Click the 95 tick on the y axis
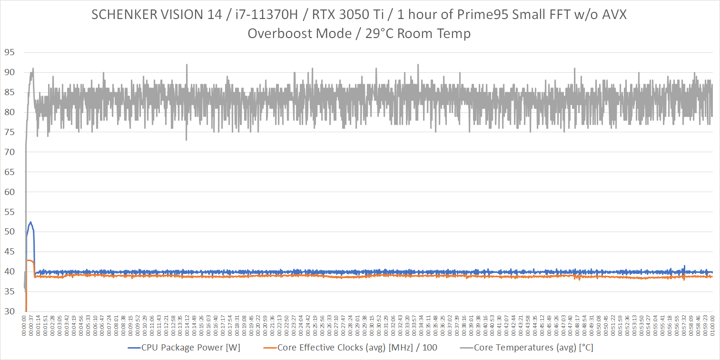pyautogui.click(x=10, y=52)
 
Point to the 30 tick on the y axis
pyautogui.click(x=10, y=311)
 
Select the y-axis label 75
pyautogui.click(x=10, y=132)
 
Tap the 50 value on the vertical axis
pyautogui.click(x=10, y=232)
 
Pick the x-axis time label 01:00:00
pyautogui.click(x=712, y=325)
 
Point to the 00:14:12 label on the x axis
pyautogui.click(x=187, y=325)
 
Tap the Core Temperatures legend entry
pyautogui.click(x=533, y=348)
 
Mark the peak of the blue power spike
pyautogui.click(x=30, y=222)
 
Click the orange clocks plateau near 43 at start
pyautogui.click(x=30, y=260)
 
